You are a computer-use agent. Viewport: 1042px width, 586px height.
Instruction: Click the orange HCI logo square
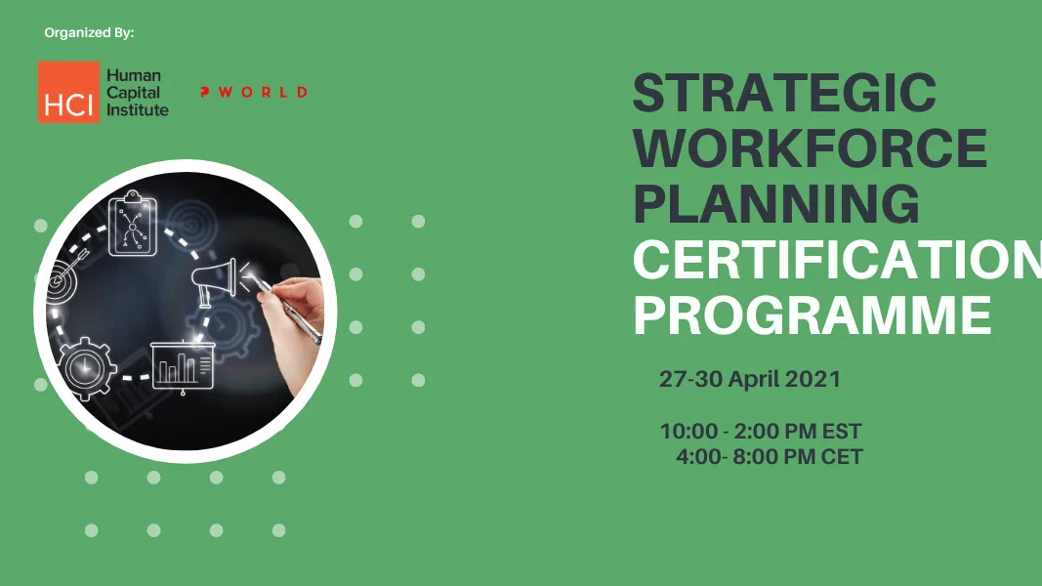click(x=68, y=93)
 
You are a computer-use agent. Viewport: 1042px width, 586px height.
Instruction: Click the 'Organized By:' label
click(x=89, y=33)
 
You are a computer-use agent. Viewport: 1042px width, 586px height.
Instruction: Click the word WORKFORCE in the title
click(x=810, y=149)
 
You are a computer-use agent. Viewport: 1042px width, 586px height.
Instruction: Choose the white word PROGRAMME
click(x=813, y=315)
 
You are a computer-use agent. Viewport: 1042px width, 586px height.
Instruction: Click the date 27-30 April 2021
click(x=749, y=380)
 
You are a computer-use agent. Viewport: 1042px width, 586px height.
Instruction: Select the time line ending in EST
click(x=761, y=432)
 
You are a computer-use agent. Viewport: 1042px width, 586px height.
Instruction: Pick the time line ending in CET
click(x=769, y=456)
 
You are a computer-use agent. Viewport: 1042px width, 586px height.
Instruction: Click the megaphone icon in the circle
click(x=214, y=279)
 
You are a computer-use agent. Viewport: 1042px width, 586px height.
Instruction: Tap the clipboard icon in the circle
click(x=133, y=226)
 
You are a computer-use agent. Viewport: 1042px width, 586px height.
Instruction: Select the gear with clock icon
click(x=86, y=369)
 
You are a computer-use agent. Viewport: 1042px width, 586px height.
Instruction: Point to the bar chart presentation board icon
click(x=182, y=366)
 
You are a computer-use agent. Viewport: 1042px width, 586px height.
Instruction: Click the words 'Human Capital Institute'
click(x=137, y=93)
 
